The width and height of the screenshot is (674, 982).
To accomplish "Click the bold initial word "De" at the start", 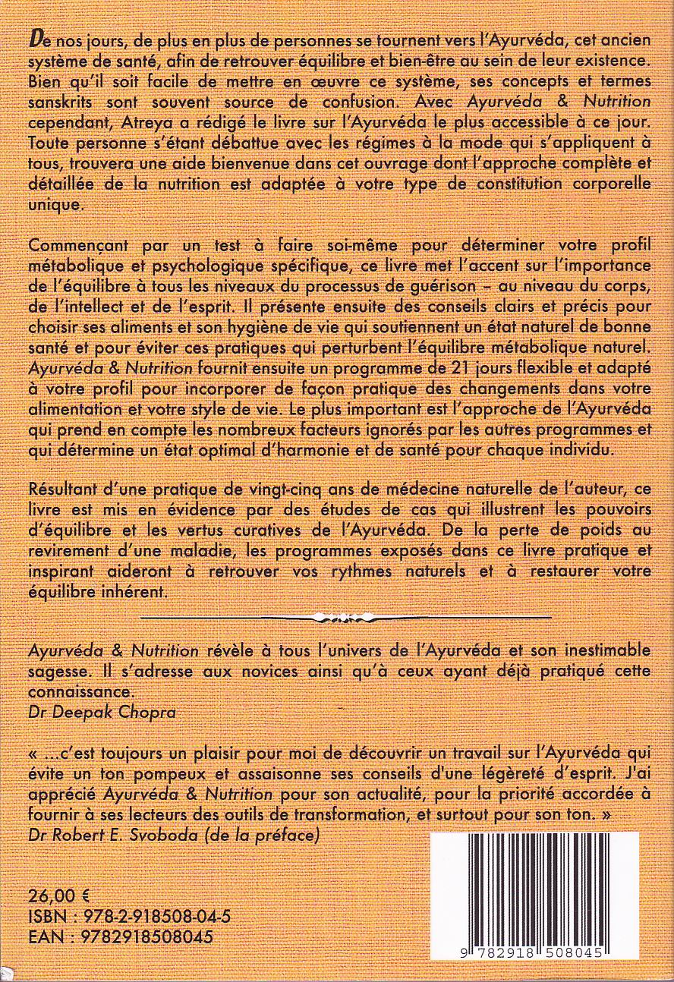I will [36, 38].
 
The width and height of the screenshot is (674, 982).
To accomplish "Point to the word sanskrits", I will [60, 102].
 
